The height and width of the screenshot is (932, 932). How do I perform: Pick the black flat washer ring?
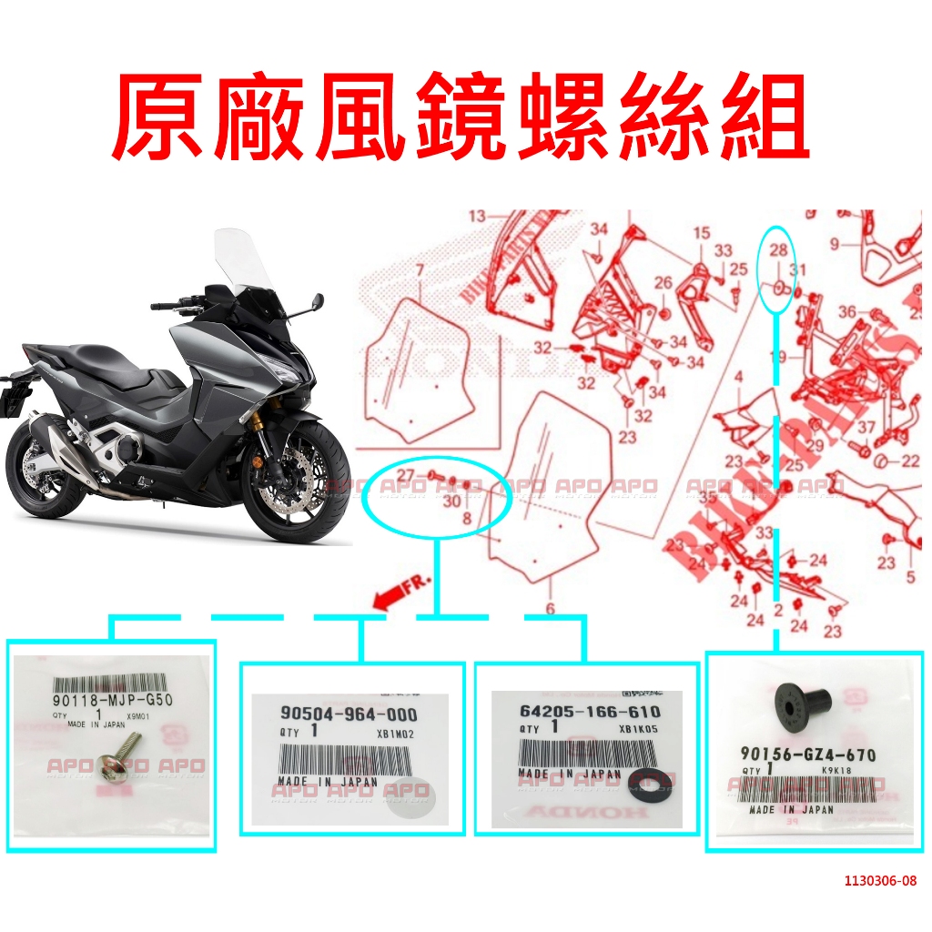tap(646, 778)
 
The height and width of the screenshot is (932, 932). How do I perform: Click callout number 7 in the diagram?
tap(420, 270)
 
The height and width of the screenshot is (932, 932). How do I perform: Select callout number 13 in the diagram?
tap(478, 216)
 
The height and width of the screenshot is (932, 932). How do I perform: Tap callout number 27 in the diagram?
tap(405, 475)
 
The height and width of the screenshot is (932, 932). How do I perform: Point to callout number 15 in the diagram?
tap(701, 234)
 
